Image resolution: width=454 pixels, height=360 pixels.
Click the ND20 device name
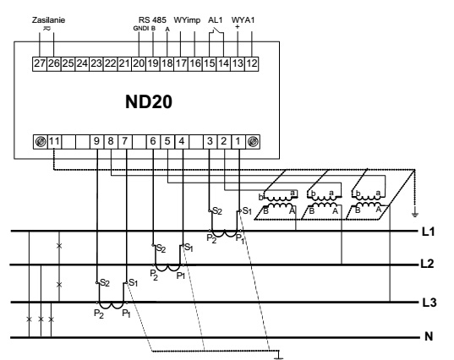tap(149, 102)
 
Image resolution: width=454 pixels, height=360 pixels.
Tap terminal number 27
tap(40, 63)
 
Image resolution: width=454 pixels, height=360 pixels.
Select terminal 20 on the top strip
tap(139, 63)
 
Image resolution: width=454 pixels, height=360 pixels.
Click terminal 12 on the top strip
tap(252, 63)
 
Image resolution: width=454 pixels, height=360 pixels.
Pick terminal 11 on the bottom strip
tap(54, 141)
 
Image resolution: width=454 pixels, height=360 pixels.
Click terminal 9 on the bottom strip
tap(96, 141)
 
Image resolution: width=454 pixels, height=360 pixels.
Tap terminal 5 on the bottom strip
tap(167, 141)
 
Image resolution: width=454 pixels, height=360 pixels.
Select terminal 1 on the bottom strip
tap(238, 141)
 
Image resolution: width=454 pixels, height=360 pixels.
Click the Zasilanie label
tap(48, 20)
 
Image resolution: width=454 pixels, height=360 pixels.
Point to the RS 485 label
tap(152, 20)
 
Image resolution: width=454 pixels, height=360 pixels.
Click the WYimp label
tap(187, 20)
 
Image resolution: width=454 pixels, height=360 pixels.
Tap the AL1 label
tap(215, 20)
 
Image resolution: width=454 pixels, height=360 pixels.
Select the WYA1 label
tap(243, 20)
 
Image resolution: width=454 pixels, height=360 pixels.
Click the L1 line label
tap(429, 232)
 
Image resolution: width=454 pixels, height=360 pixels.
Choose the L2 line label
tap(427, 264)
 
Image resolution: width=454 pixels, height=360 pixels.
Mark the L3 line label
tap(429, 303)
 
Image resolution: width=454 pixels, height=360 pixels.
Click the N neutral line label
tap(429, 336)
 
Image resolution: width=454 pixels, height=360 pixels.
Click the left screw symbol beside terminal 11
tap(41, 142)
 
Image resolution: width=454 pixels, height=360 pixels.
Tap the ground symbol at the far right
tap(414, 215)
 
